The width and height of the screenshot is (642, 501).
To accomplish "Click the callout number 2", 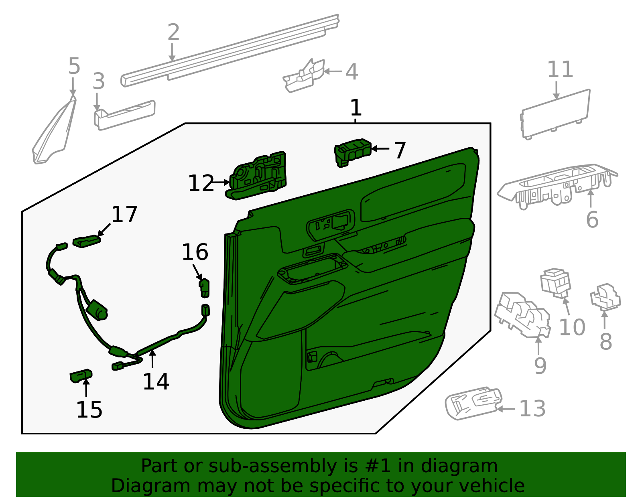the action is pos(173,32).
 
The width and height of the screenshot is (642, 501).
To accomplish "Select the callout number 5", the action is pos(74,66).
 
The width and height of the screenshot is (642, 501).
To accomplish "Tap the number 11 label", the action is pos(560,69).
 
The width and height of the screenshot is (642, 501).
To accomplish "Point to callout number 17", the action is pos(124,214).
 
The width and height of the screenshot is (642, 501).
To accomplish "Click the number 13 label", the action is pos(532,409).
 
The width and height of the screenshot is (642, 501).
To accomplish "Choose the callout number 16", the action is pos(195,252).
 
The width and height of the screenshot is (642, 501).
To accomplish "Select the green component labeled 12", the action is pos(256,175).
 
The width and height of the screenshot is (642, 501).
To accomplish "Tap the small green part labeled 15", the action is pos(81,375).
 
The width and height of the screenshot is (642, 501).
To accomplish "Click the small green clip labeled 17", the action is pos(87,241).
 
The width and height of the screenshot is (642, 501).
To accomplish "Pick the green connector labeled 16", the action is pos(205,288).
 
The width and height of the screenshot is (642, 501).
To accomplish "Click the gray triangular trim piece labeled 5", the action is pos(54,130).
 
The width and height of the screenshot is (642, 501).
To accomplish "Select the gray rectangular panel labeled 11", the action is pos(555,114).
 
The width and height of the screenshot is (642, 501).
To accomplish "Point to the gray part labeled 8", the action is pos(605,297).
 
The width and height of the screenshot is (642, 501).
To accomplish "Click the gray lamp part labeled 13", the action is pos(473,403).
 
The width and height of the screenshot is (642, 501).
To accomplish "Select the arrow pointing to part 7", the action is pos(380,148).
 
